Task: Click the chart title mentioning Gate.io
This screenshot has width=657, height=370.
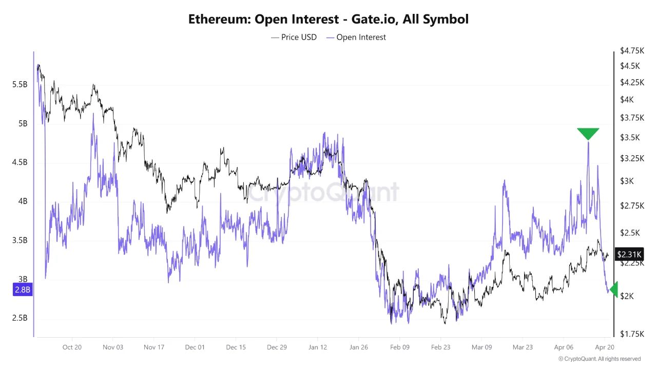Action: click(328, 20)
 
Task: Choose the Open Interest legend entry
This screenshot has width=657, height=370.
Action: click(356, 37)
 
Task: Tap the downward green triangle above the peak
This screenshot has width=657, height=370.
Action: click(588, 134)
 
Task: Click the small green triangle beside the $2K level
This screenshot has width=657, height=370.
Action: click(613, 289)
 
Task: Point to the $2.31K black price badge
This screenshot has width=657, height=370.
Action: click(628, 254)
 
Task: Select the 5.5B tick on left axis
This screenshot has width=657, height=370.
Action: click(20, 84)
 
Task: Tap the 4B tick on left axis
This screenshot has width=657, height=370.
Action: click(24, 201)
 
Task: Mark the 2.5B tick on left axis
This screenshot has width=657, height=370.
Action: click(20, 318)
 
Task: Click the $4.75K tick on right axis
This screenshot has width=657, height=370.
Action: click(632, 50)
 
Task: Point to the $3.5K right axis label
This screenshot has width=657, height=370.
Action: click(630, 137)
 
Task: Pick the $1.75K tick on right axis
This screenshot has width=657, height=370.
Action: click(632, 334)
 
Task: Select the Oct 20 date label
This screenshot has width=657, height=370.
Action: click(72, 347)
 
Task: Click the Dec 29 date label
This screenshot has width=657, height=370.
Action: click(277, 347)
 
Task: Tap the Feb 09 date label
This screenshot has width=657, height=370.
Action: click(399, 347)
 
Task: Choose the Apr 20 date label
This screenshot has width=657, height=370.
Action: click(605, 347)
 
